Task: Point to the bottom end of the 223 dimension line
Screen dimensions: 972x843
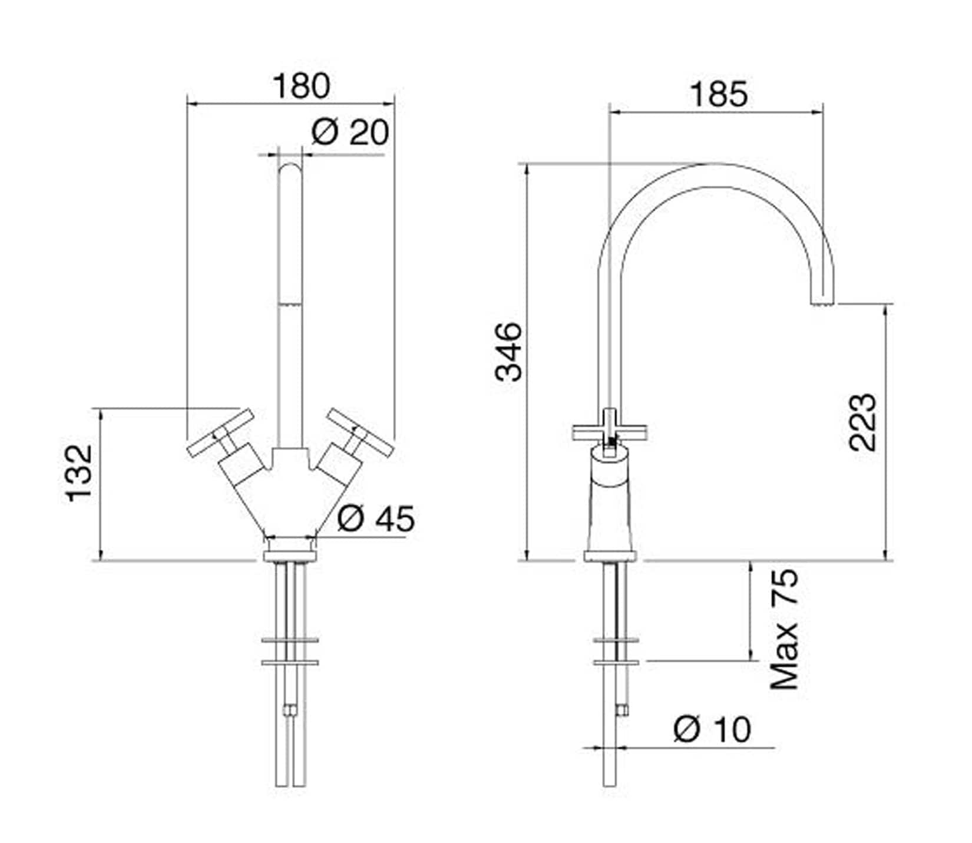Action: [885, 560]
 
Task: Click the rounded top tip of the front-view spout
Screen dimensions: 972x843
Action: [289, 163]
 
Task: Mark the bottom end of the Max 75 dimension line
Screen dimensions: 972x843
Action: [751, 661]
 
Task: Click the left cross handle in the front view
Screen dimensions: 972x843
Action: [220, 432]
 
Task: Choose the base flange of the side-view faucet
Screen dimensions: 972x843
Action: [610, 556]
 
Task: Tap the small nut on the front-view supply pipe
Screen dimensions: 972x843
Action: [289, 710]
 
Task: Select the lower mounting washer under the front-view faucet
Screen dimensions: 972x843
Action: [290, 662]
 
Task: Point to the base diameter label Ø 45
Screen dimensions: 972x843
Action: [376, 518]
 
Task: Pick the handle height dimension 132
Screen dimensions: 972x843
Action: [80, 472]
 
